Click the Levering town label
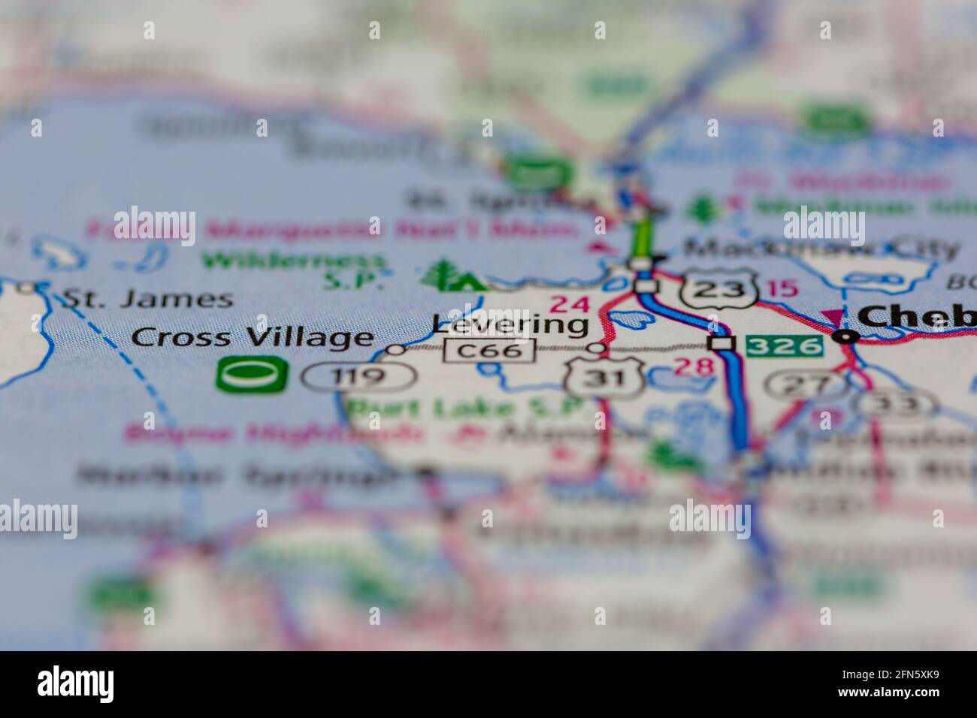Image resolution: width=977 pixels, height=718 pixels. pos(510,324)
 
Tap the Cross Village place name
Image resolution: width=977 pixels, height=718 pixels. pos(253,337)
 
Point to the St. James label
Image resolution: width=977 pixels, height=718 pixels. pos(147,298)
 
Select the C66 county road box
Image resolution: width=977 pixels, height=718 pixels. pos(489,350)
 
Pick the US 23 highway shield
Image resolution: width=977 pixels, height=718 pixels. pos(716,289)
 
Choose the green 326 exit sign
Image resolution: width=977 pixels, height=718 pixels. pos(784,345)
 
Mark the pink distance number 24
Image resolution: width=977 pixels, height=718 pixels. pos(569,304)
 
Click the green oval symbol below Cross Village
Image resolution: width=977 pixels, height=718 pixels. pos(252,374)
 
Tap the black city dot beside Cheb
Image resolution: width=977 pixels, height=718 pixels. pos(847,336)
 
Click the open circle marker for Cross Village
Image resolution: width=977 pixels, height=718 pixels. pos(395,349)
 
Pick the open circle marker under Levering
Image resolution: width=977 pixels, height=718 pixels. pos(596,348)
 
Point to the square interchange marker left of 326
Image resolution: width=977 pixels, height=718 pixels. pos(722,343)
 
